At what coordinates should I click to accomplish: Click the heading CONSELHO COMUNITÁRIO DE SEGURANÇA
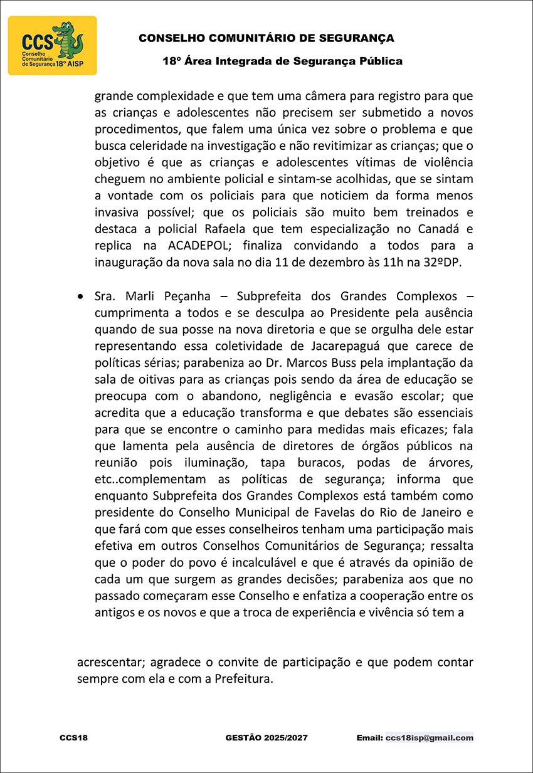(x=266, y=38)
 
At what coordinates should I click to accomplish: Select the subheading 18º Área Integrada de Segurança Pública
(x=282, y=61)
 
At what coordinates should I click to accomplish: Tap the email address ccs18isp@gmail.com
(x=430, y=738)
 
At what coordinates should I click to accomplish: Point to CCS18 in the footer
(x=73, y=738)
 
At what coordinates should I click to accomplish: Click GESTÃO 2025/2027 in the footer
(x=266, y=738)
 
